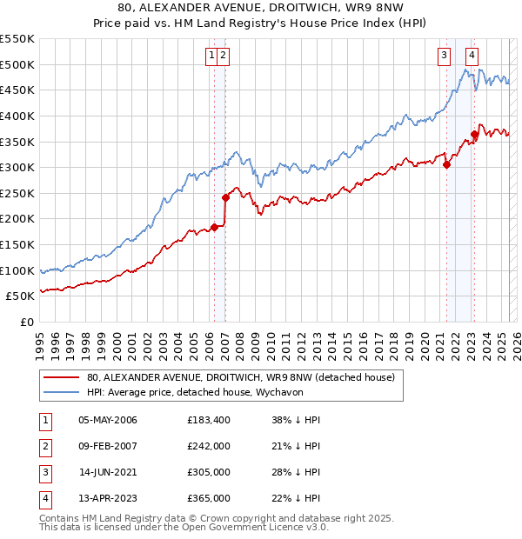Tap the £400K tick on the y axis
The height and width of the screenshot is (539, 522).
click(x=17, y=116)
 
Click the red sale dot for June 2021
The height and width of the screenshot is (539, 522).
click(x=446, y=164)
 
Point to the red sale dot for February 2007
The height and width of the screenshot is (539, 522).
click(x=225, y=197)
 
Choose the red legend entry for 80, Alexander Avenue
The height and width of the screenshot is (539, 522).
click(x=241, y=377)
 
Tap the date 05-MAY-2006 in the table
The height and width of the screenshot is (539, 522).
click(x=108, y=420)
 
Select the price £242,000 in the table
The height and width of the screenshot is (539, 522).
click(x=209, y=446)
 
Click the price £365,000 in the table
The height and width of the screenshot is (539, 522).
click(x=209, y=498)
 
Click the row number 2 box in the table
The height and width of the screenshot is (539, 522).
click(x=43, y=446)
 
